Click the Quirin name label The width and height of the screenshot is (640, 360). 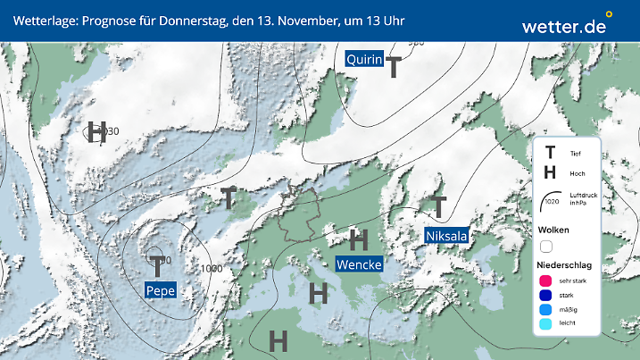tap(364, 60)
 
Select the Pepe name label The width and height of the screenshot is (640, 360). tap(161, 289)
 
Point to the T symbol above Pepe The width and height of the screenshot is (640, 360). tap(158, 266)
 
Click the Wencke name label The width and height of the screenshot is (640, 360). tap(359, 264)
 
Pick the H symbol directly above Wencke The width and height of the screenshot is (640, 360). tap(359, 239)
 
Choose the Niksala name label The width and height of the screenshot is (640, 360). tap(446, 236)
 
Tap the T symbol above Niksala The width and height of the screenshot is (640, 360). tap(438, 207)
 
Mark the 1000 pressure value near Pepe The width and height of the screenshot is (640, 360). tap(212, 269)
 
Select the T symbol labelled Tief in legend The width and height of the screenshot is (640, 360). tap(550, 153)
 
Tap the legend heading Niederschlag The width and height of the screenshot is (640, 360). tap(566, 265)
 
